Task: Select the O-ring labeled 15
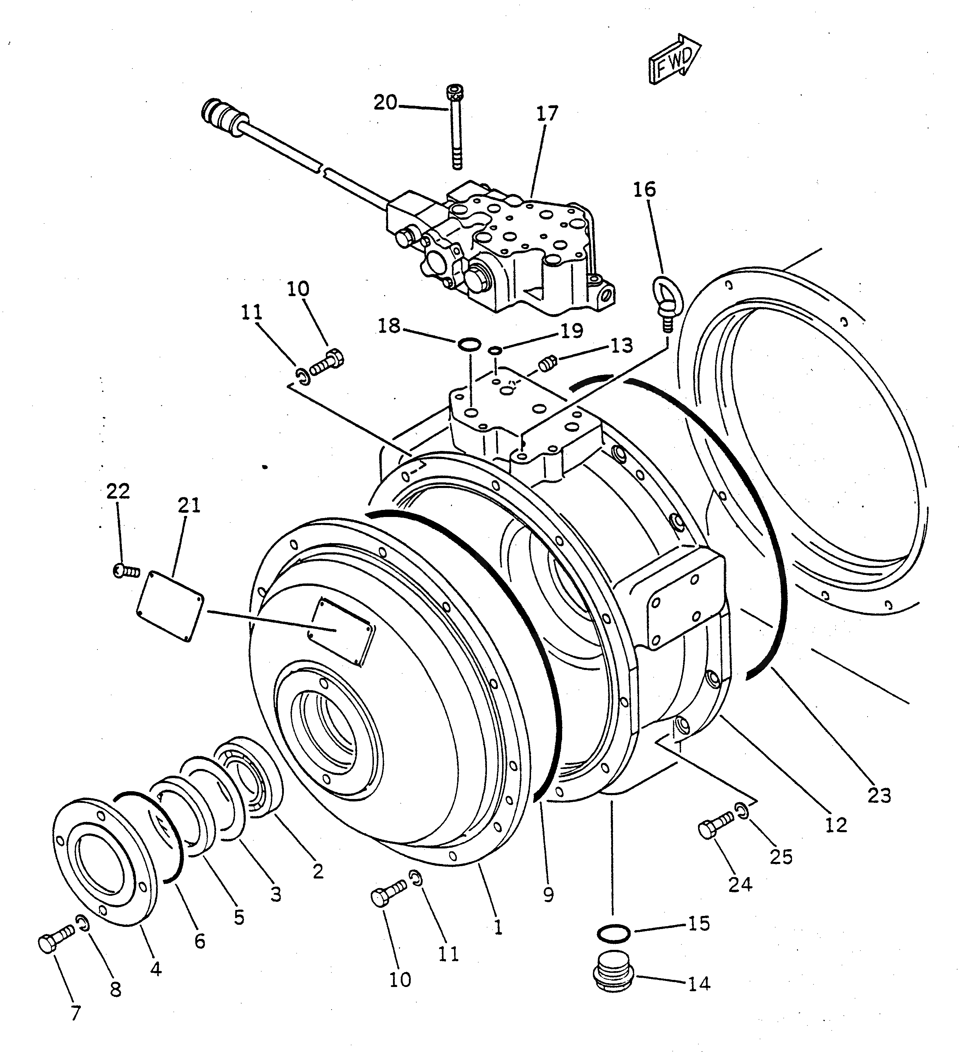coord(613,933)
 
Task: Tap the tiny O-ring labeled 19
coord(495,351)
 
